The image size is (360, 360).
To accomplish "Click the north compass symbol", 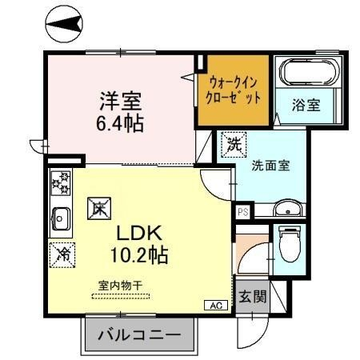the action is [x=64, y=24].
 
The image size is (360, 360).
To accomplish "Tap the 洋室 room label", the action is [x=121, y=102].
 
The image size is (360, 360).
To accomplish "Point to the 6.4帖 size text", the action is [x=120, y=124].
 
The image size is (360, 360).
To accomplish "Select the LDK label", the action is [x=139, y=233].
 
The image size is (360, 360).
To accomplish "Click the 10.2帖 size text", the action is [x=139, y=255].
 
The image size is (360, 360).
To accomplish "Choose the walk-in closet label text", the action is [x=233, y=90].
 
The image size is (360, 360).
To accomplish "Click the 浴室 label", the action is [x=306, y=105].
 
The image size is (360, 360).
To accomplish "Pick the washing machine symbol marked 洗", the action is [x=234, y=145].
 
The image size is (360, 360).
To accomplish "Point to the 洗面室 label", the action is [x=270, y=166].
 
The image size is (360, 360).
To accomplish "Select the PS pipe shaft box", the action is [x=243, y=212].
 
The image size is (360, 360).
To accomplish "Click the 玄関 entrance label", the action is [x=253, y=296].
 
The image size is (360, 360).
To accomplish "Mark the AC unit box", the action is [x=216, y=306].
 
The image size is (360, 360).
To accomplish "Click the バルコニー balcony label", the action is [x=139, y=334].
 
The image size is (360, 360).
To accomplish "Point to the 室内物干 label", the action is [x=120, y=286].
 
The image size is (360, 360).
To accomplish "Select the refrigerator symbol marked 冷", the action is [x=62, y=255].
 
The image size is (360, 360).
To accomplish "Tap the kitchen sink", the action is [x=61, y=218].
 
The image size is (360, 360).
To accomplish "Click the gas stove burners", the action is [x=61, y=183].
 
